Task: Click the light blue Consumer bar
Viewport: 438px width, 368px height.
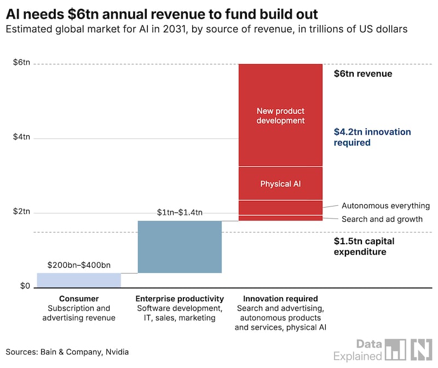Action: [79, 280]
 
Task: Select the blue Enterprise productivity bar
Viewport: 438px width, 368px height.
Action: [180, 247]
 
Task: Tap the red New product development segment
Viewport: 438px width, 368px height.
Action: [280, 115]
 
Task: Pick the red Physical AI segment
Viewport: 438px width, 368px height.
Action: [280, 183]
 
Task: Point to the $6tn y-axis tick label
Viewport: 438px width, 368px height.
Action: [21, 62]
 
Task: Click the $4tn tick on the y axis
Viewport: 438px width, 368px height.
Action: [21, 137]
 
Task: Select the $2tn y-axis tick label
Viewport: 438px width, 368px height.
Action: [21, 211]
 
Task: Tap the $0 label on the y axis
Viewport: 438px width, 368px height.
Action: [25, 286]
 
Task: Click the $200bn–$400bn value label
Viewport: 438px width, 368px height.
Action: [79, 265]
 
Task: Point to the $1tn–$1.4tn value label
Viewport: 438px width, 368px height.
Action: [180, 212]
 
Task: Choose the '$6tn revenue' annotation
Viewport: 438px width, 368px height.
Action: [363, 73]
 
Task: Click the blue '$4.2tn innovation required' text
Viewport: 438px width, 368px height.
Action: [372, 137]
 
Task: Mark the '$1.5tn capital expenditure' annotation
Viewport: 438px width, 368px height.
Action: [364, 246]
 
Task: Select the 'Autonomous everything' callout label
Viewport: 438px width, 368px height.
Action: [386, 206]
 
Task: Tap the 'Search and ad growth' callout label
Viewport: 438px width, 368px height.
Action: [382, 219]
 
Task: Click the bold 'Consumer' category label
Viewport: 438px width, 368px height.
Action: [79, 298]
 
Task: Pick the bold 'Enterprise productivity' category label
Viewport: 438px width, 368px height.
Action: [180, 298]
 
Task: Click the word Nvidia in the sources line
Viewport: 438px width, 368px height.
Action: [117, 352]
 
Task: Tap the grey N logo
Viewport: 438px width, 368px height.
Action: [421, 349]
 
